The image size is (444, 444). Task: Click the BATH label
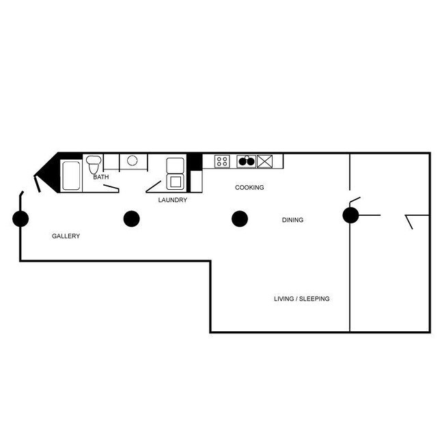click(101, 177)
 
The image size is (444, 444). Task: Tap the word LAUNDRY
click(172, 200)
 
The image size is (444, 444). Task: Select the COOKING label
click(249, 187)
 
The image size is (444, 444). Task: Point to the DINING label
click(292, 220)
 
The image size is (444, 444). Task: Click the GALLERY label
click(66, 236)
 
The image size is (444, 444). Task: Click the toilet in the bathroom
click(94, 164)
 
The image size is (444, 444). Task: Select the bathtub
click(71, 176)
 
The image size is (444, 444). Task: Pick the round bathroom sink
click(133, 161)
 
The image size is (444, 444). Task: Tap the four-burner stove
click(223, 161)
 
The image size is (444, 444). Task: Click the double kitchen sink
click(246, 161)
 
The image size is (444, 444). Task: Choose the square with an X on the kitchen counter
click(264, 161)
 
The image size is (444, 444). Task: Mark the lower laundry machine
click(175, 181)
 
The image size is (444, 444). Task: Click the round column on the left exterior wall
click(20, 219)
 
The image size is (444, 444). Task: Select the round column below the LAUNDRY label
click(131, 219)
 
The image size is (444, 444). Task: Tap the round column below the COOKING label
click(239, 219)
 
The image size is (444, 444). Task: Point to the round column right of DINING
click(350, 216)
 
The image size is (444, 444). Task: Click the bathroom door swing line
click(111, 186)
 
